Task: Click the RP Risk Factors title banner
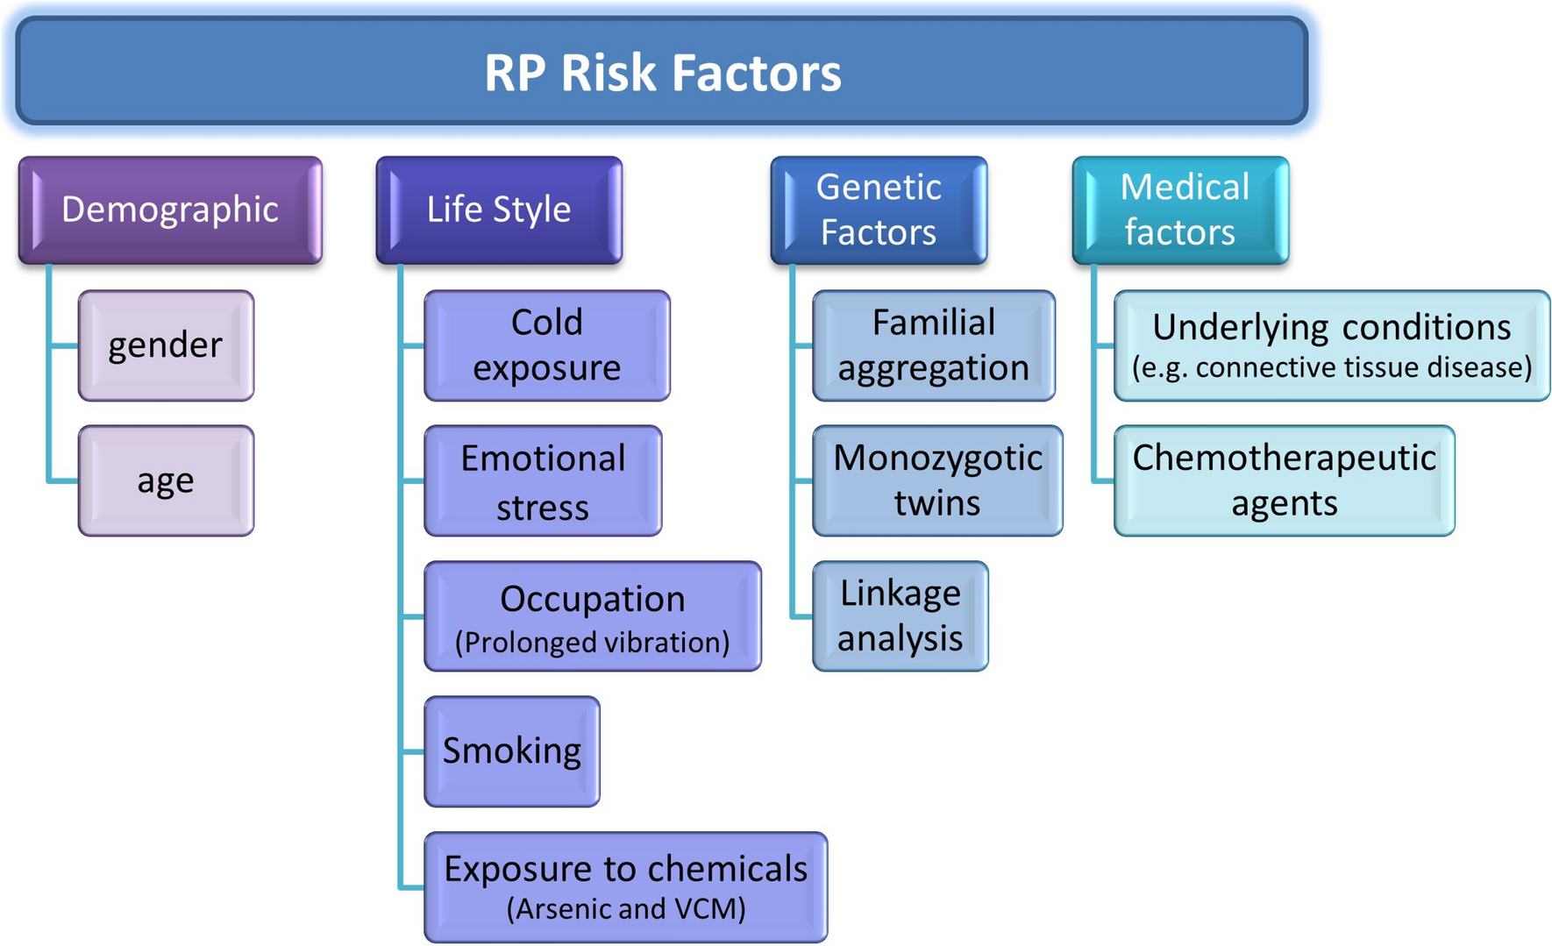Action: (x=662, y=72)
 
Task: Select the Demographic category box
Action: (x=170, y=210)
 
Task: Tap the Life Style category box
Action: (x=499, y=210)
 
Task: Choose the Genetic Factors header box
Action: (x=879, y=210)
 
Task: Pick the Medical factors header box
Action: (x=1180, y=210)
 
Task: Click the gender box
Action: (x=166, y=345)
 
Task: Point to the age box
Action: (x=166, y=480)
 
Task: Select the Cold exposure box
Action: (x=547, y=345)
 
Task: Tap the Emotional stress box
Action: (x=543, y=481)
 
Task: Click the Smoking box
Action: (x=512, y=751)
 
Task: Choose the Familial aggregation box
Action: (x=934, y=345)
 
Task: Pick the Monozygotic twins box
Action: (x=937, y=480)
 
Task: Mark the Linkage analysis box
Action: (x=901, y=616)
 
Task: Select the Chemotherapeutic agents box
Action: (x=1285, y=480)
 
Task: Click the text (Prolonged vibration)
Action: (x=593, y=643)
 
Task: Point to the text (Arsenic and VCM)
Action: (x=626, y=909)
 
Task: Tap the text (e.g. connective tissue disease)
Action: (x=1332, y=367)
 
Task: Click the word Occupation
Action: (x=593, y=600)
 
